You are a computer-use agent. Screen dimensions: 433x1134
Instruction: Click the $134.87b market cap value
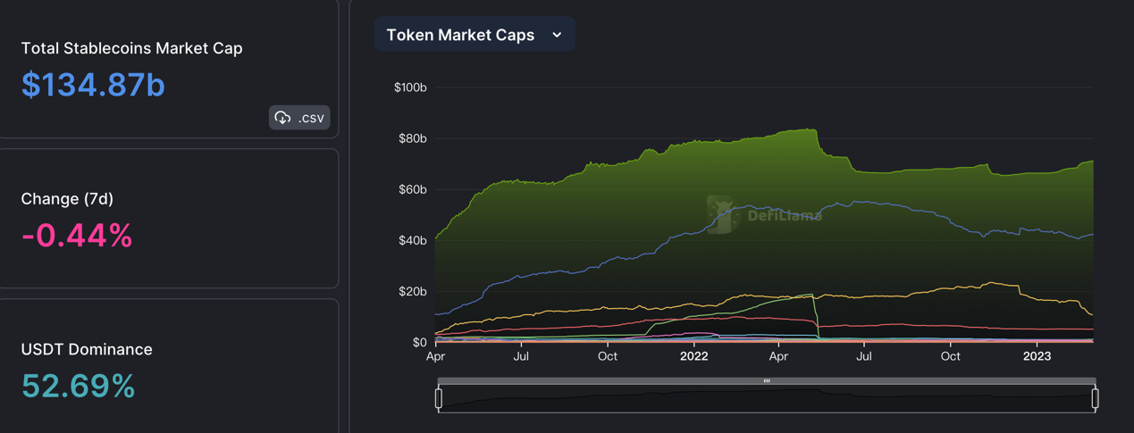93,85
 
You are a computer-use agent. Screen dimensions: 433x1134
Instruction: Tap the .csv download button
299,118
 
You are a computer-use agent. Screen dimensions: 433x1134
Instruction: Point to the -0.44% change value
77,236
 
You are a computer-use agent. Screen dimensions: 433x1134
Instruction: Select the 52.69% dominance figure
78,387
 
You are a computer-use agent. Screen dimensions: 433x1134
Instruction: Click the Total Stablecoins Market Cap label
131,48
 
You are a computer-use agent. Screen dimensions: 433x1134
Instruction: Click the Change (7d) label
67,199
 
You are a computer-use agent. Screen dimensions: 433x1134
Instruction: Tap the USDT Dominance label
87,349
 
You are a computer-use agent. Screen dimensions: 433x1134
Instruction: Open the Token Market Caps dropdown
474,35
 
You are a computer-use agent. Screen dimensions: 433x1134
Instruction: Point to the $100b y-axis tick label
409,87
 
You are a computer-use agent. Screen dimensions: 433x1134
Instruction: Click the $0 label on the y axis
419,342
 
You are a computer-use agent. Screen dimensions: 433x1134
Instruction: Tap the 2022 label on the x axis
693,356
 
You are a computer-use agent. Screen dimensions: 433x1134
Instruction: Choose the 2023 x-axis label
1037,356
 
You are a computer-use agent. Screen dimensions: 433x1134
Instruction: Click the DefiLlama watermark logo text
784,215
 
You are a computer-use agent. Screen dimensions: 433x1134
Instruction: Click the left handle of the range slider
439,398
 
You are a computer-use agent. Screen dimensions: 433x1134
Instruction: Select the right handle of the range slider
1095,398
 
